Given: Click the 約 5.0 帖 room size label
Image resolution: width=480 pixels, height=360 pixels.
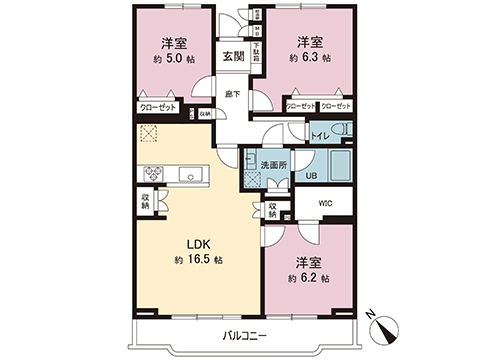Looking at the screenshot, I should [x=173, y=58].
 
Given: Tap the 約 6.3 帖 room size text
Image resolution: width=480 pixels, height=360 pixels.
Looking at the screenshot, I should [x=308, y=58].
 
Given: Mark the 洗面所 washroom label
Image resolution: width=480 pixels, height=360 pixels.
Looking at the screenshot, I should [x=272, y=163].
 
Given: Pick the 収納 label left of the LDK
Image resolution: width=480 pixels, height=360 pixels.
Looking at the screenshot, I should [x=146, y=200].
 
